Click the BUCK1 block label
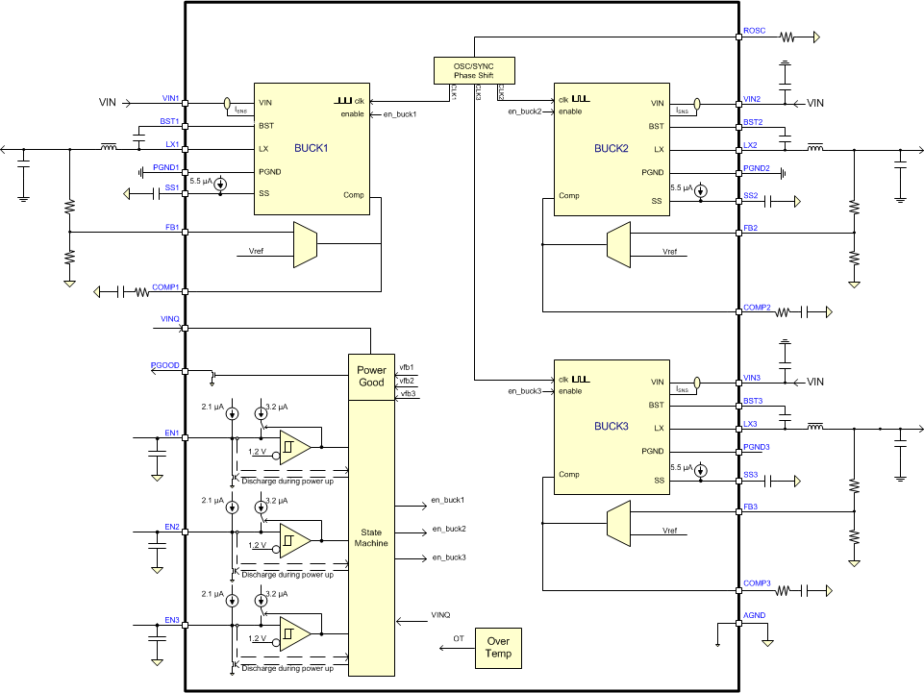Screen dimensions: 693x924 click(x=312, y=149)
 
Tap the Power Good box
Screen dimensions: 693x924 click(x=371, y=376)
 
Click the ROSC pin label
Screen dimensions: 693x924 click(x=755, y=31)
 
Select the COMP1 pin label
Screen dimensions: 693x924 click(x=165, y=286)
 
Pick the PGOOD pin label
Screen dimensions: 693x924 click(x=163, y=366)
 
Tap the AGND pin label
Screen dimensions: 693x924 click(x=755, y=616)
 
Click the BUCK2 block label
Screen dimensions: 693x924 click(x=611, y=149)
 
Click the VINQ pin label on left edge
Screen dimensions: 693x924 click(x=170, y=318)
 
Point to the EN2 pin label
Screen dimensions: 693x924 click(x=171, y=527)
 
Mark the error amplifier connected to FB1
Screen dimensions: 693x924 click(x=304, y=245)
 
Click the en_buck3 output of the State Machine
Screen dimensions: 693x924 click(x=448, y=557)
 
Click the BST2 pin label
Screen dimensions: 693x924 click(x=753, y=122)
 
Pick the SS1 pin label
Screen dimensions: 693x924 click(x=171, y=187)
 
